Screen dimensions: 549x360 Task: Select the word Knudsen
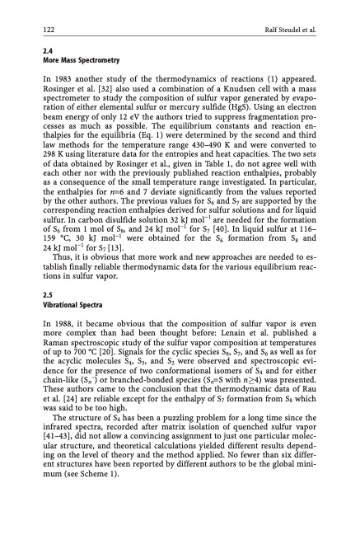point(241,91)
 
